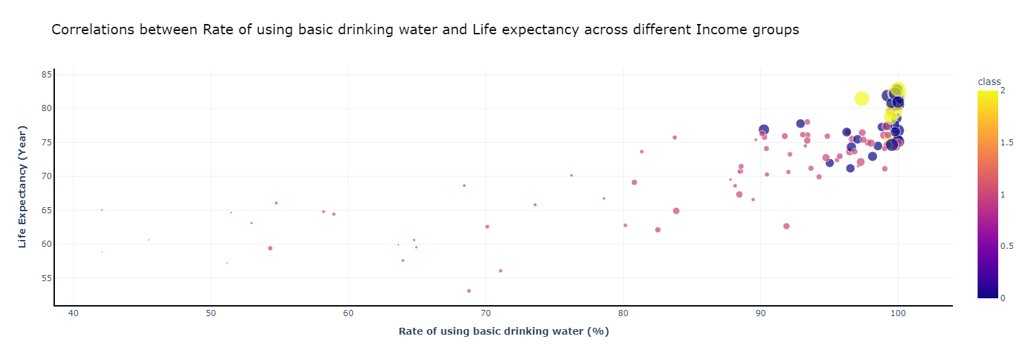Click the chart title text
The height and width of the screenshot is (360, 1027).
(425, 30)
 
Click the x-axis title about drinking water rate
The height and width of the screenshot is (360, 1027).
(504, 332)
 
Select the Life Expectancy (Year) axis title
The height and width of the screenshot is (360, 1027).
(23, 187)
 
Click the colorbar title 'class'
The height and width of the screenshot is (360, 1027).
(989, 82)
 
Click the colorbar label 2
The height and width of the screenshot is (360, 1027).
(1003, 91)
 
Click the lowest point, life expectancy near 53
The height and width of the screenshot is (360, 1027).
(469, 291)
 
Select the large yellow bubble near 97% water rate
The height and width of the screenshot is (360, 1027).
(862, 99)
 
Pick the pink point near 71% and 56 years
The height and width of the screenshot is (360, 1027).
(501, 271)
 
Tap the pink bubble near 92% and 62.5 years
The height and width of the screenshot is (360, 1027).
(786, 226)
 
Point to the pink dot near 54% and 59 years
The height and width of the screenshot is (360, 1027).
(270, 248)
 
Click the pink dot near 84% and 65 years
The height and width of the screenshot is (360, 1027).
(676, 211)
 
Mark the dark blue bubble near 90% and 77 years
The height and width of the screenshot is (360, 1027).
(764, 130)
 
